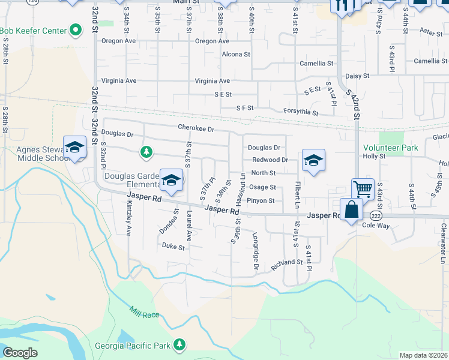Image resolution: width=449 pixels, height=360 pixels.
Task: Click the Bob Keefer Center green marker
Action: click(76, 29)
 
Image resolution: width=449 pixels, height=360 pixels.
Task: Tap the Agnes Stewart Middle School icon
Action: click(75, 147)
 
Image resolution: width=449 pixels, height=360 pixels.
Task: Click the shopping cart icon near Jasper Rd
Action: click(363, 188)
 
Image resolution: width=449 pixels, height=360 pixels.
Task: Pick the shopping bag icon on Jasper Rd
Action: click(351, 211)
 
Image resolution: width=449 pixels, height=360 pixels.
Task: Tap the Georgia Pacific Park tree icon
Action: click(178, 344)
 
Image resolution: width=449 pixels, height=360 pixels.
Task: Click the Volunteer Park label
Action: click(390, 147)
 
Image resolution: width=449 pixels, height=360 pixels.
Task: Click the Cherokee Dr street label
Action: click(196, 127)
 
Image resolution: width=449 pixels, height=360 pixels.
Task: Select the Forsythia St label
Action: click(301, 112)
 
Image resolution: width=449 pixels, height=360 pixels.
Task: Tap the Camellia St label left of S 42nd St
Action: click(316, 63)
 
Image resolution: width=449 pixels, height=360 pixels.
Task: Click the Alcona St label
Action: click(235, 54)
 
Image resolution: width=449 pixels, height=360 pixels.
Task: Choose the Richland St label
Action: click(286, 262)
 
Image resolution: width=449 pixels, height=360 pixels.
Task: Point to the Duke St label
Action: click(173, 246)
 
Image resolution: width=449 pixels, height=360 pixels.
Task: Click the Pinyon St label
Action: click(261, 201)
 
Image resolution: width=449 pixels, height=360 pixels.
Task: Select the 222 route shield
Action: click(376, 215)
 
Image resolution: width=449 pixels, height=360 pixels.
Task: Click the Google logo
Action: click(20, 353)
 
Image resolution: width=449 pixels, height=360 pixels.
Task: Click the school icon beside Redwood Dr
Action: click(313, 161)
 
